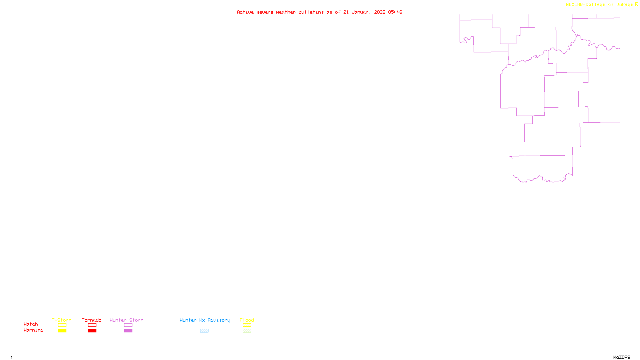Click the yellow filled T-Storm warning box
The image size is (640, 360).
click(62, 331)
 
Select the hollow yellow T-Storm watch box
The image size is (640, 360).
click(62, 325)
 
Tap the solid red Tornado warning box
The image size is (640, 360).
click(92, 331)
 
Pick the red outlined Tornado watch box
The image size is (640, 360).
click(92, 325)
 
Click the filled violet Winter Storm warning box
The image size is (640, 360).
click(128, 331)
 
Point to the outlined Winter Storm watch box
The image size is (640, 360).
click(128, 325)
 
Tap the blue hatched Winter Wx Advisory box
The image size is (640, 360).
click(204, 331)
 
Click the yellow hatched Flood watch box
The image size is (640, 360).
click(247, 325)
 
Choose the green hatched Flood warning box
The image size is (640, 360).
click(247, 331)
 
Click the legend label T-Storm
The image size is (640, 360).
click(62, 320)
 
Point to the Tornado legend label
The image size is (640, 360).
click(92, 320)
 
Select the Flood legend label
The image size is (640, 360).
click(247, 320)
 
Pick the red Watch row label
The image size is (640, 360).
click(31, 324)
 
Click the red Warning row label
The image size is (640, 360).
click(34, 330)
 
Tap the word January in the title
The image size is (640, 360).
click(362, 12)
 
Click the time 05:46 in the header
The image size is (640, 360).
click(395, 12)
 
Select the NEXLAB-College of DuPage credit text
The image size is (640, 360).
click(600, 5)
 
